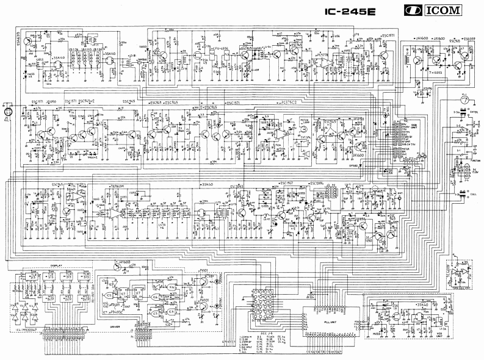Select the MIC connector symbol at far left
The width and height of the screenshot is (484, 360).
tap(8, 112)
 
